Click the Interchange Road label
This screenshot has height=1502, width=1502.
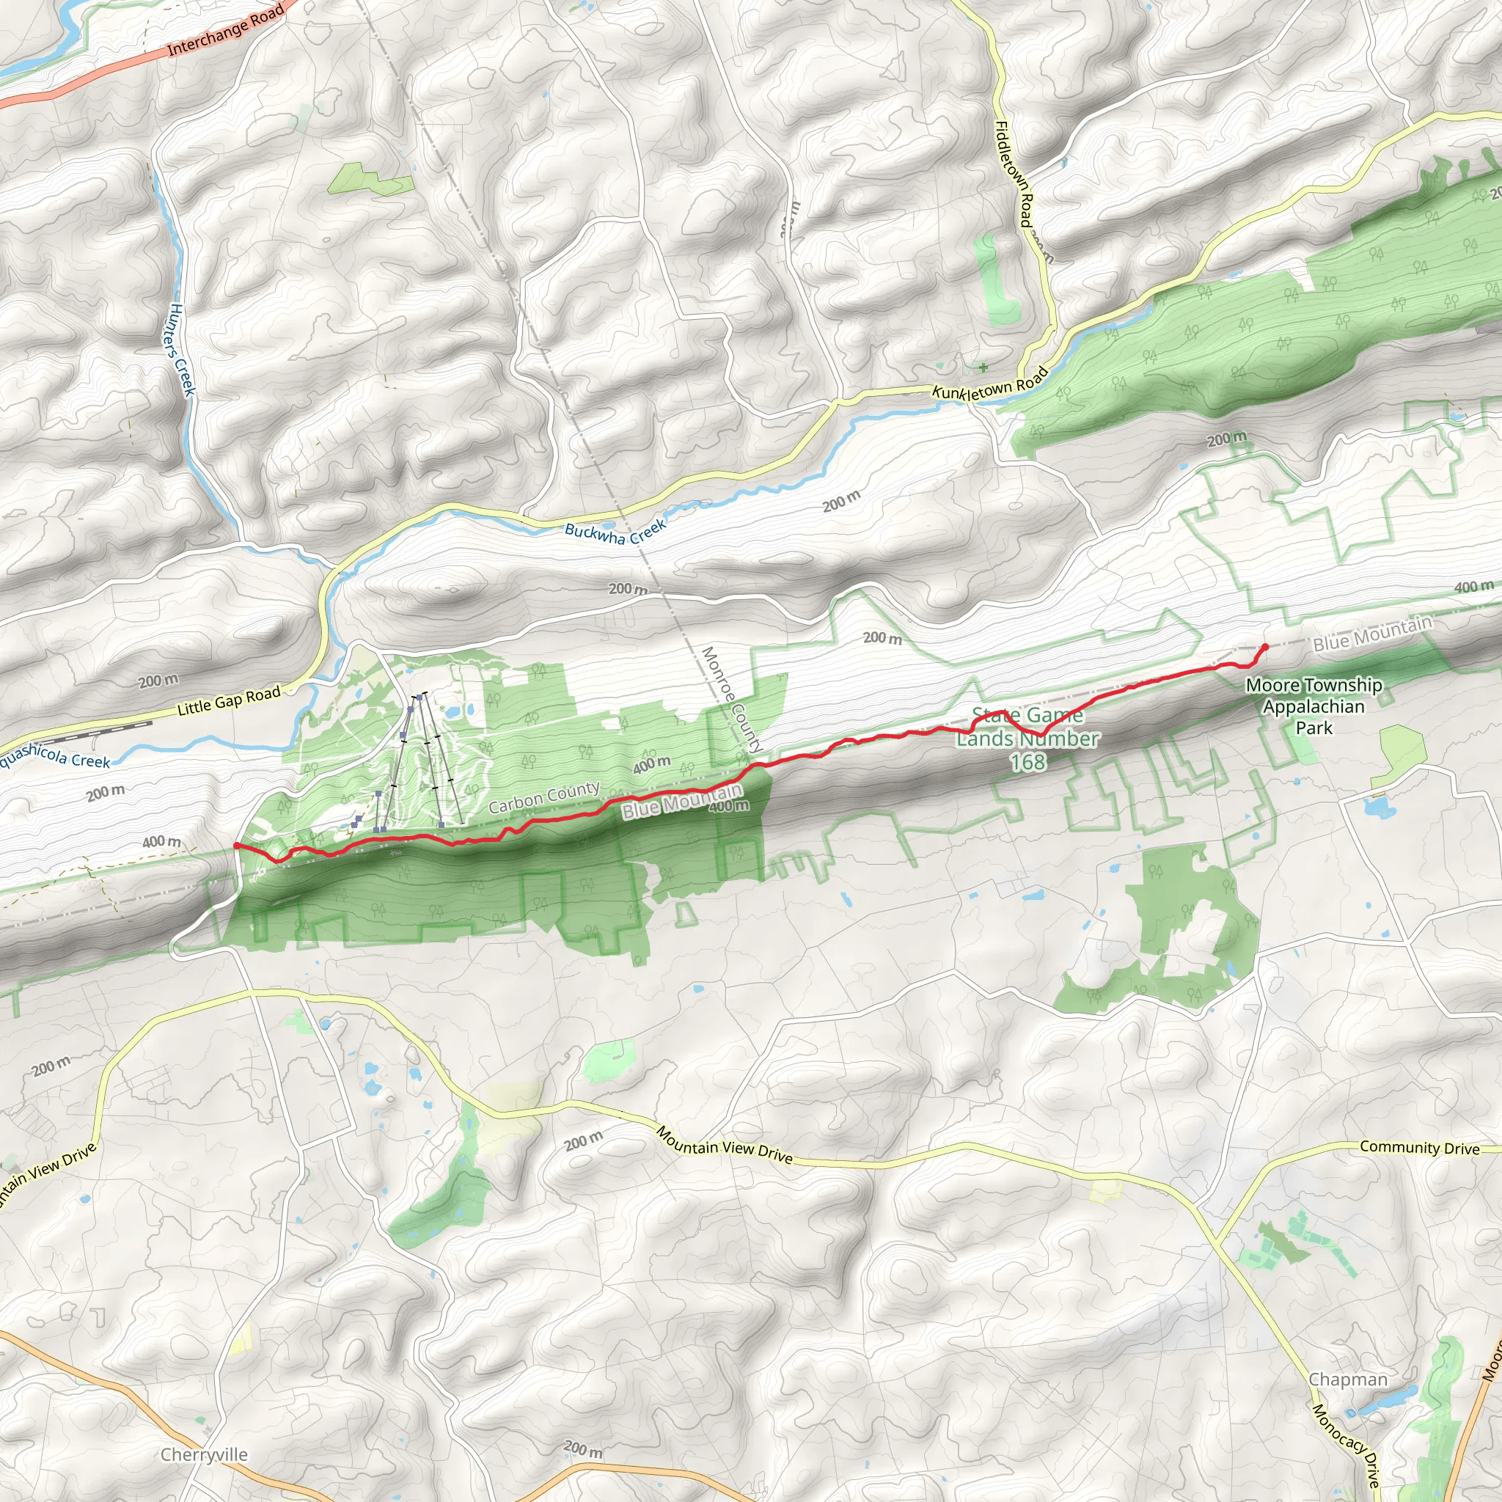pyautogui.click(x=225, y=29)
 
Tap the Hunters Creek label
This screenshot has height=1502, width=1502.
pyautogui.click(x=180, y=349)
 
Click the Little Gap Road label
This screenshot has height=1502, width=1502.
pyautogui.click(x=229, y=701)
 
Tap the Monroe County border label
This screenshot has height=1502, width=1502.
pyautogui.click(x=731, y=699)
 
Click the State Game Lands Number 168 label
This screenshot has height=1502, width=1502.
pyautogui.click(x=1027, y=739)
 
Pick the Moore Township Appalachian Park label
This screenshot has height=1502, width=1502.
pyautogui.click(x=1314, y=706)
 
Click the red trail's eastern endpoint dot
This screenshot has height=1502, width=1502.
pyautogui.click(x=1265, y=647)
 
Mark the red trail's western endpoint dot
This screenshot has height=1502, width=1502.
pyautogui.click(x=236, y=845)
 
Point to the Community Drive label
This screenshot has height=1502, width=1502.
pyautogui.click(x=1420, y=1148)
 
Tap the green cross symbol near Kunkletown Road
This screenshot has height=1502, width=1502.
pyautogui.click(x=983, y=367)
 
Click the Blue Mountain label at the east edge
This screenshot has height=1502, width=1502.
pyautogui.click(x=1372, y=634)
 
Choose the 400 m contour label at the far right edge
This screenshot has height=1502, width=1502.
pyautogui.click(x=1474, y=587)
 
